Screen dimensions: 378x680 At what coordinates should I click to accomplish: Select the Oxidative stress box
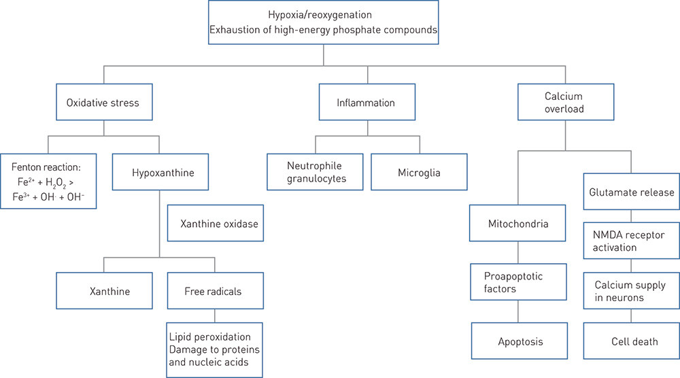[103, 103]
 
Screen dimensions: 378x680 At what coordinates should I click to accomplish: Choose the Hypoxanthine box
[158, 173]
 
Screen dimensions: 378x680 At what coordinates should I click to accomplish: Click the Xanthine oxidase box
[216, 224]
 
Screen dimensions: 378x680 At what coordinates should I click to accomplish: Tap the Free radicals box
[214, 291]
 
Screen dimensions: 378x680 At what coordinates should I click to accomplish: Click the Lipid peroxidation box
[214, 349]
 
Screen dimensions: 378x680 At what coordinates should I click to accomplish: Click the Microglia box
[419, 173]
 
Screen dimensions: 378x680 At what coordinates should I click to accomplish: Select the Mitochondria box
[518, 223]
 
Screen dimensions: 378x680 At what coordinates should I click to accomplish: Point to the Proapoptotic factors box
[518, 282]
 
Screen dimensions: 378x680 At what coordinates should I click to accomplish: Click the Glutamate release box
[631, 192]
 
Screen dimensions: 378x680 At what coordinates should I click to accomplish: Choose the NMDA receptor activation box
[631, 241]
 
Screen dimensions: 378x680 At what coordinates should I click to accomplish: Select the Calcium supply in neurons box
[631, 291]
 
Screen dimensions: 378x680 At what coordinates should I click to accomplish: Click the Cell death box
[631, 341]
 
